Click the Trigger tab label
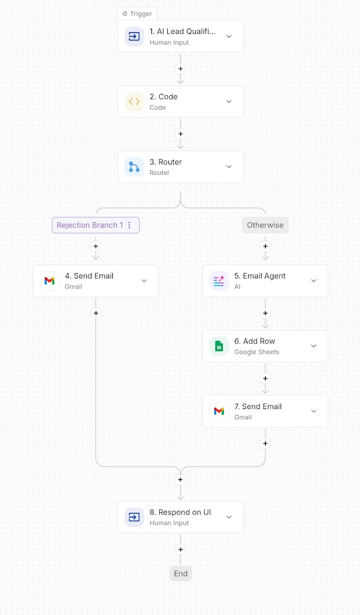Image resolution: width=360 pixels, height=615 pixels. point(137,14)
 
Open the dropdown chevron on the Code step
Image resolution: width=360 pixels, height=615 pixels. point(229,102)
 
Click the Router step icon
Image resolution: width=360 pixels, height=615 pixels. point(134,167)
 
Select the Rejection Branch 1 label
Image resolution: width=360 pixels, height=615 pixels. point(90,225)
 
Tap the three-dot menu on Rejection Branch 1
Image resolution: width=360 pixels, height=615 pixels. point(129,225)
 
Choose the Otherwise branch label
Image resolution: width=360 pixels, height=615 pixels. point(265,225)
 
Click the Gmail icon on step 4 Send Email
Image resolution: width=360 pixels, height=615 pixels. point(49,281)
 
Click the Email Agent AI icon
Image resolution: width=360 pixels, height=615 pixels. point(219,281)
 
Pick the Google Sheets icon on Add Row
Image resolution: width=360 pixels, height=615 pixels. point(219,346)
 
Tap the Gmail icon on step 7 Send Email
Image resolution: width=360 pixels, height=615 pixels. point(219,411)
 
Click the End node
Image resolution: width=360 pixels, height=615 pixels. point(181,573)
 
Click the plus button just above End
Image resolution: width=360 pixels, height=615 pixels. point(181,549)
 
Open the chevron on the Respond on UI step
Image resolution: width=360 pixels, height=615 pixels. point(229,517)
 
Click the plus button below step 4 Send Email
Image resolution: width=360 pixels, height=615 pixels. point(96,313)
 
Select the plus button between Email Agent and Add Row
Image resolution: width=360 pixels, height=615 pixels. point(265,313)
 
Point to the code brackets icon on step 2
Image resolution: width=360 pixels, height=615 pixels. point(134,102)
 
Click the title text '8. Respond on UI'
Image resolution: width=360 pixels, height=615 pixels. point(181,512)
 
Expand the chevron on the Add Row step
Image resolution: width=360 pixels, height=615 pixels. point(314,346)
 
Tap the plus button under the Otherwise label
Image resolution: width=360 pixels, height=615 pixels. point(265,246)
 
